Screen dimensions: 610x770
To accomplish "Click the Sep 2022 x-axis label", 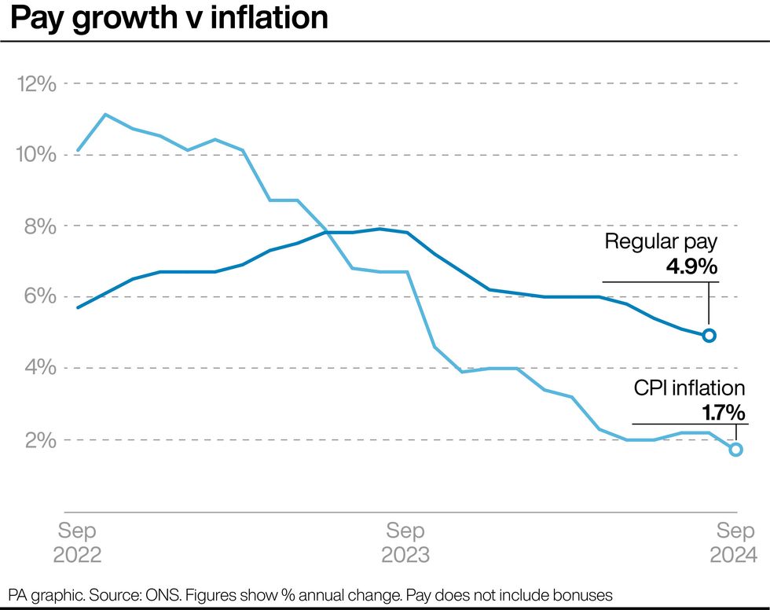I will (77, 542).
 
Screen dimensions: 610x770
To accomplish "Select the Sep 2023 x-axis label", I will (405, 542).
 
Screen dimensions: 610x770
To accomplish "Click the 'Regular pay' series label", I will (661, 242).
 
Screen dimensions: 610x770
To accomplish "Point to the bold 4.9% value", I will (691, 267).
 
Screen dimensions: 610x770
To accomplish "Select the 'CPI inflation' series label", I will (689, 388).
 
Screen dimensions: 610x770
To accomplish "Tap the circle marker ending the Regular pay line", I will (709, 336).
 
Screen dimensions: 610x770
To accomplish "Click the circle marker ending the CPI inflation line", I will (735, 450).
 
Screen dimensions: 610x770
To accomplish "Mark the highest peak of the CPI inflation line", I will (105, 115).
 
